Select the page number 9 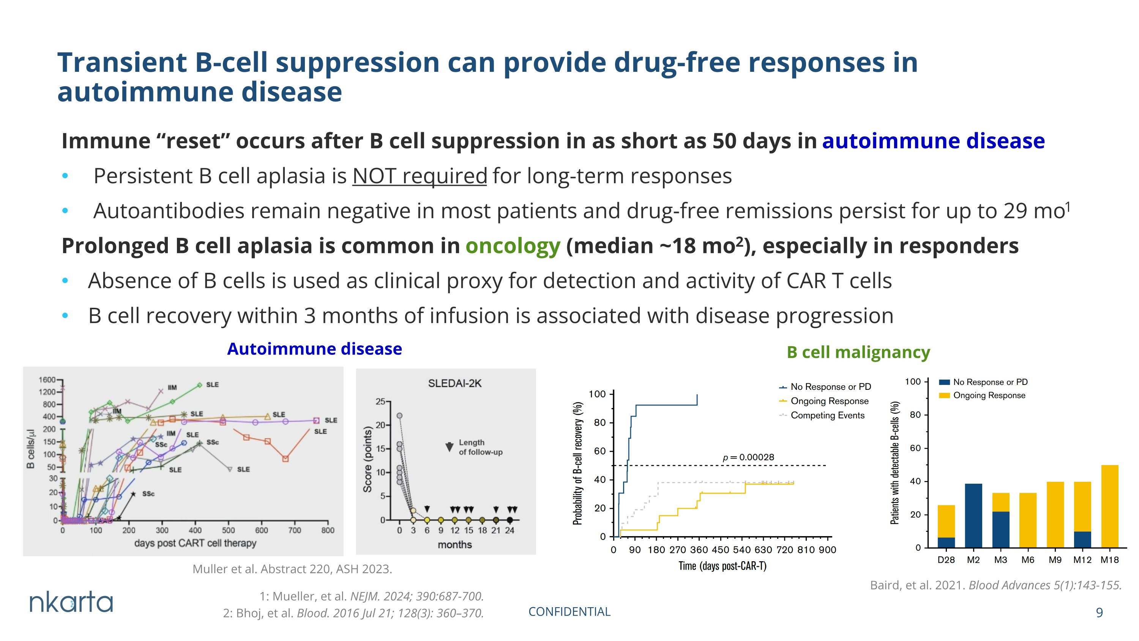click(x=1099, y=612)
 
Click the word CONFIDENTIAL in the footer click(x=569, y=611)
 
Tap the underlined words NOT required click(x=420, y=176)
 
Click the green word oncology click(x=513, y=246)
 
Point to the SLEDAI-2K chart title click(x=454, y=383)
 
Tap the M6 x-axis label click(x=1028, y=560)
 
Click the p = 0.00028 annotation click(x=748, y=457)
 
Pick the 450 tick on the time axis click(x=720, y=549)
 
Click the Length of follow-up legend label click(x=480, y=447)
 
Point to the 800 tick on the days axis click(x=328, y=530)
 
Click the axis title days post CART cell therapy click(x=196, y=543)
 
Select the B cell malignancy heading click(x=858, y=352)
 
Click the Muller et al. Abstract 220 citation click(x=292, y=569)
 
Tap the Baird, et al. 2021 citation click(x=996, y=585)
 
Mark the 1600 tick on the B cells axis click(x=47, y=380)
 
